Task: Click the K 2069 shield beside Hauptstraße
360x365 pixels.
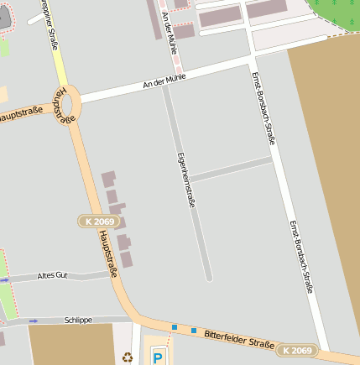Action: [99, 222]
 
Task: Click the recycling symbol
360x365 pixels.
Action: [128, 357]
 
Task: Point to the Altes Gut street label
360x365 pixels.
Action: [51, 275]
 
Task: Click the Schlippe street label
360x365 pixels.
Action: [78, 320]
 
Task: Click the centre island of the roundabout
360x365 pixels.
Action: [68, 106]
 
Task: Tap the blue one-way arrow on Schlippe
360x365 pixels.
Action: [33, 321]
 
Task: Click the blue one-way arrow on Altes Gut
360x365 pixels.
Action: [4, 279]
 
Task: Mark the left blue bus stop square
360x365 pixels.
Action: [175, 327]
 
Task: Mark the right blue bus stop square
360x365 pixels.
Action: [193, 331]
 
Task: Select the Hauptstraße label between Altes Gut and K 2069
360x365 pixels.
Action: [107, 255]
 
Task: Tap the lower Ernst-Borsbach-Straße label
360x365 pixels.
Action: [301, 257]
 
